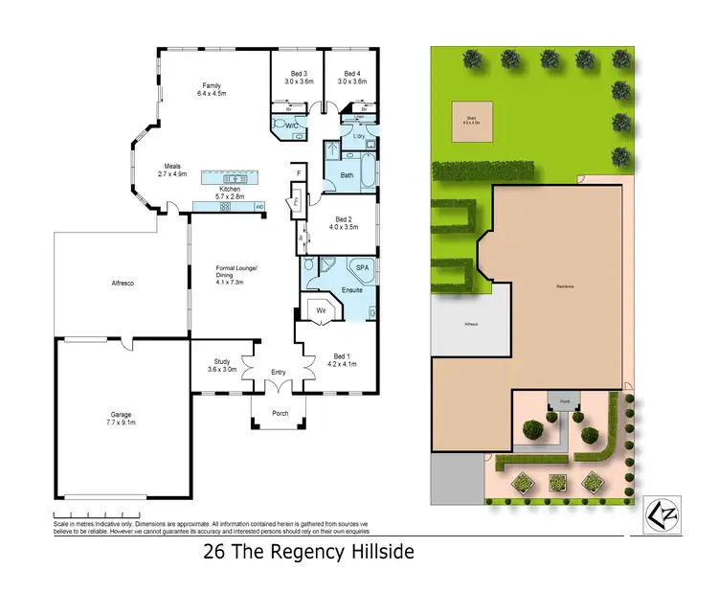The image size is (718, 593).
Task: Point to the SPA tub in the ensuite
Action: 362,268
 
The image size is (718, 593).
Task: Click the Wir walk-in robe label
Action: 322,310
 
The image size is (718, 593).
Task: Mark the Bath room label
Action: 346,175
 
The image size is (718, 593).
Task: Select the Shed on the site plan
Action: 471,121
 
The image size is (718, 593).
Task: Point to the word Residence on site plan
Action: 565,286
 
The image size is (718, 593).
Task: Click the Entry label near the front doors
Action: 279,373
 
